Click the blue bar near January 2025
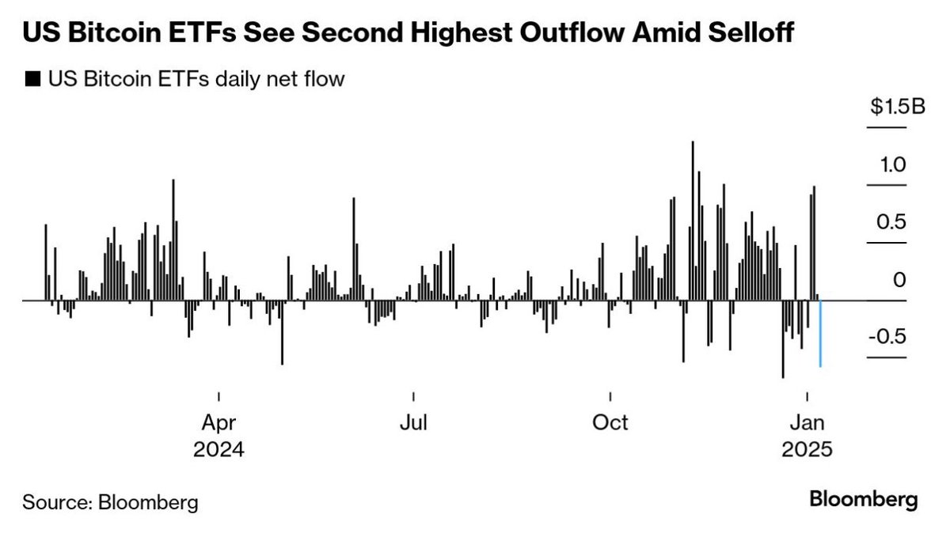click(x=820, y=334)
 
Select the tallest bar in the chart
click(x=693, y=221)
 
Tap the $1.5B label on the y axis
click(x=895, y=108)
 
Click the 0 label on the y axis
click(x=899, y=280)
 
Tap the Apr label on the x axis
click(x=218, y=421)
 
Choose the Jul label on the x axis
click(x=413, y=421)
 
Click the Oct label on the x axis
click(x=610, y=421)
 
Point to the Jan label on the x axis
click(x=807, y=421)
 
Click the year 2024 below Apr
click(x=218, y=449)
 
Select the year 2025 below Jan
click(x=807, y=449)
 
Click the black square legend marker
click(x=32, y=79)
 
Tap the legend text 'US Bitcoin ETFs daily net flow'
click(x=196, y=79)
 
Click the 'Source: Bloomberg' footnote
click(x=110, y=501)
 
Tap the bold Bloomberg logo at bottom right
click(x=863, y=500)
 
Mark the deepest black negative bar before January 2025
click(x=782, y=338)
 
